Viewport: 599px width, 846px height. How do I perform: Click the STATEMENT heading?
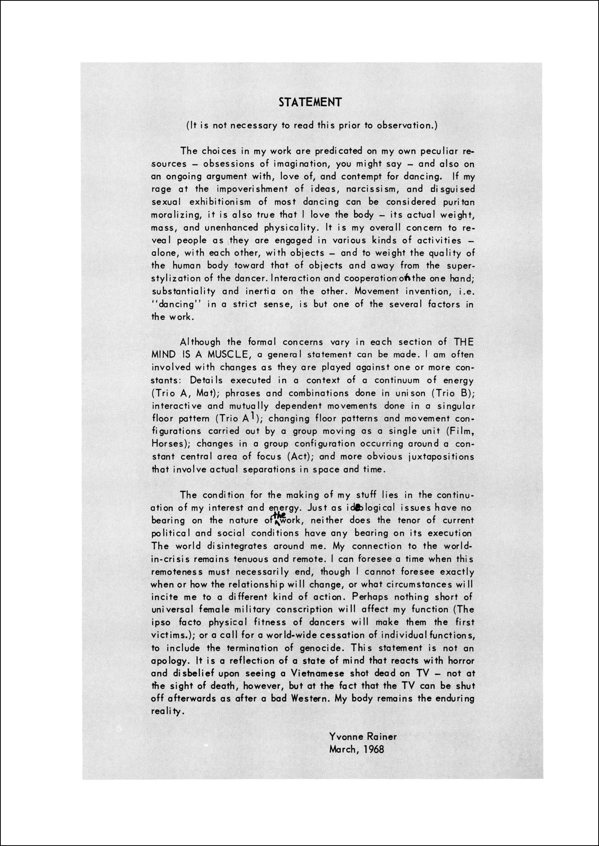point(310,102)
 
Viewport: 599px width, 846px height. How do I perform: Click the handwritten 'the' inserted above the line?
point(280,515)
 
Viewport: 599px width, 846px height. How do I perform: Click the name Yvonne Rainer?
point(363,736)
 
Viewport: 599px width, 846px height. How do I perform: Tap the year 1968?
point(372,749)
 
